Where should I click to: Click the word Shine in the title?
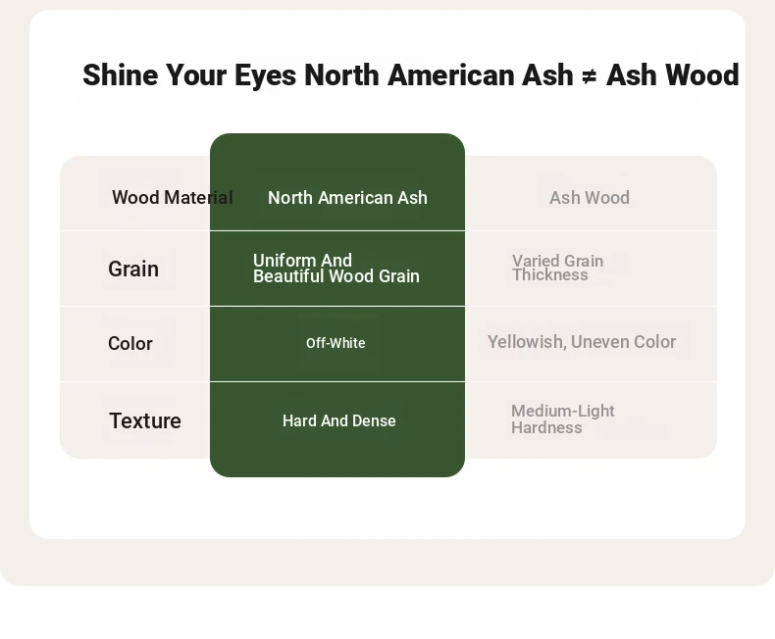[x=120, y=75]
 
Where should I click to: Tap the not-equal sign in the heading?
[x=590, y=76]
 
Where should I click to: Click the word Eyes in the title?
[x=266, y=75]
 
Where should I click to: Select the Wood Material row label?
[x=173, y=198]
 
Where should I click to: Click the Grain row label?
[x=133, y=270]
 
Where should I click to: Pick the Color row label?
[x=130, y=343]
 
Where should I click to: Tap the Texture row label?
[x=145, y=420]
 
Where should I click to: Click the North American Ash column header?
[x=347, y=198]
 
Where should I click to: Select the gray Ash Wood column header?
[x=590, y=198]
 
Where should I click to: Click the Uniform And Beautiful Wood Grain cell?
[x=336, y=269]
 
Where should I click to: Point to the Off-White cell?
[x=336, y=343]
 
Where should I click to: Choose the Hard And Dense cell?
[x=339, y=420]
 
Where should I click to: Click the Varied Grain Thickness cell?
[x=557, y=268]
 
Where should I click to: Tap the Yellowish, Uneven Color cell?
[x=582, y=342]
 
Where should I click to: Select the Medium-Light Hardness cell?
[x=563, y=418]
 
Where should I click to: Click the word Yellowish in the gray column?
[x=527, y=342]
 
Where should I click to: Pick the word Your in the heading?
[x=196, y=75]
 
